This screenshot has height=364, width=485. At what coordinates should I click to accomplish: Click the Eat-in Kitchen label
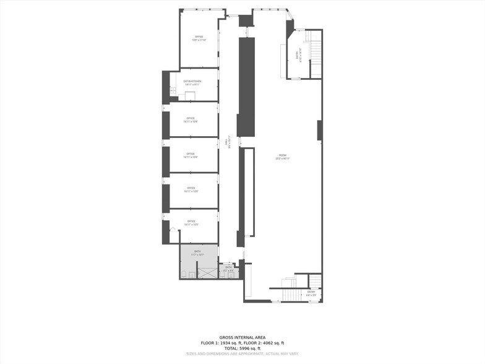[x=192, y=81]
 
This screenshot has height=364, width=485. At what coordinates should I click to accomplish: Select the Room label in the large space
[x=283, y=155]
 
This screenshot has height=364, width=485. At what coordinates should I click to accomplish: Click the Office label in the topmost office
[x=199, y=37]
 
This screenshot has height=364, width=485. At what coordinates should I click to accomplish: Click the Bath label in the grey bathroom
[x=197, y=251]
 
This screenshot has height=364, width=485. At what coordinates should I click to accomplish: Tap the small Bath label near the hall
[x=229, y=267]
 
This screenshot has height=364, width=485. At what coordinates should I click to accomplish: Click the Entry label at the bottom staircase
[x=311, y=292]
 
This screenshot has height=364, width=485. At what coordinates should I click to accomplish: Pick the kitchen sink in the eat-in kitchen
[x=173, y=94]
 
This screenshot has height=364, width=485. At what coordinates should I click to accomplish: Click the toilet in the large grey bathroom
[x=186, y=274]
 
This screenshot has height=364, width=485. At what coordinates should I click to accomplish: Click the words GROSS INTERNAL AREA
[x=242, y=338]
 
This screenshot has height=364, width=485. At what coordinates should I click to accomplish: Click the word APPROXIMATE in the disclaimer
[x=247, y=353]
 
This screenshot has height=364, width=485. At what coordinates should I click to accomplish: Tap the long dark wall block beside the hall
[x=247, y=87]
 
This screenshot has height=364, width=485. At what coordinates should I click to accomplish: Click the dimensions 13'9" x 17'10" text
[x=199, y=41]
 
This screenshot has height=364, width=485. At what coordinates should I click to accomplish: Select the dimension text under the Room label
[x=283, y=159]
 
